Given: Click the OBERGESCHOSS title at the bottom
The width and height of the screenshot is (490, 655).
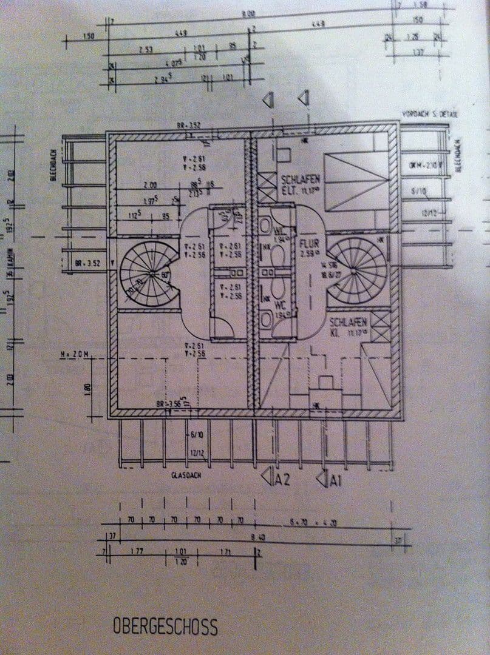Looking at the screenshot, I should [165, 626].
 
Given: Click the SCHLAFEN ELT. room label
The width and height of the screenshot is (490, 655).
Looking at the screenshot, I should [300, 184].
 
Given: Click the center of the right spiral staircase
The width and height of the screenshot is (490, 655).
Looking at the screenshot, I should [359, 266].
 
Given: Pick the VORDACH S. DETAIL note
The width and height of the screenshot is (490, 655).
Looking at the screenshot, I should [429, 114].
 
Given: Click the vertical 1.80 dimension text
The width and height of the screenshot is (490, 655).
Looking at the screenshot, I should [89, 388].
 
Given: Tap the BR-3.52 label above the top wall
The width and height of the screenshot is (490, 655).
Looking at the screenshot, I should [189, 126].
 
